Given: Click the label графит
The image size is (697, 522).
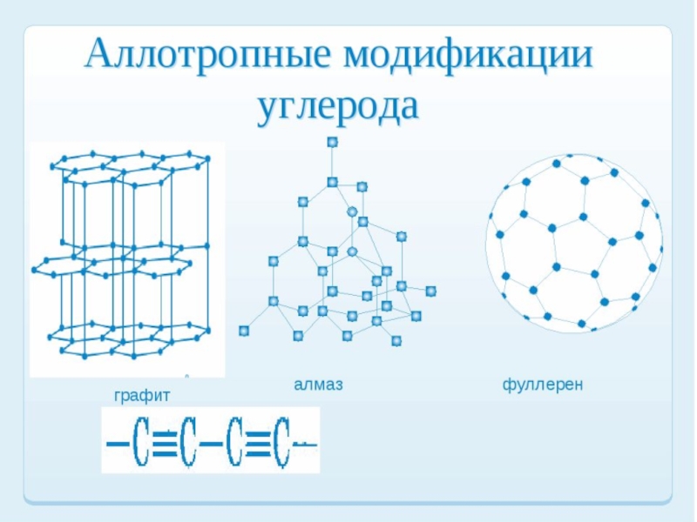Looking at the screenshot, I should pos(142,396).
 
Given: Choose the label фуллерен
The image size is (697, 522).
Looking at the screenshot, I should pos(542,384).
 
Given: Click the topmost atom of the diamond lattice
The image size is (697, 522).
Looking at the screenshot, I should pos(332,142).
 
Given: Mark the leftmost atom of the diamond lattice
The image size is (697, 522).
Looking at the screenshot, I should pos(244,331).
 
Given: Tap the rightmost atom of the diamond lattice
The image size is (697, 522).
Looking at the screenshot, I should pos(430,291).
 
